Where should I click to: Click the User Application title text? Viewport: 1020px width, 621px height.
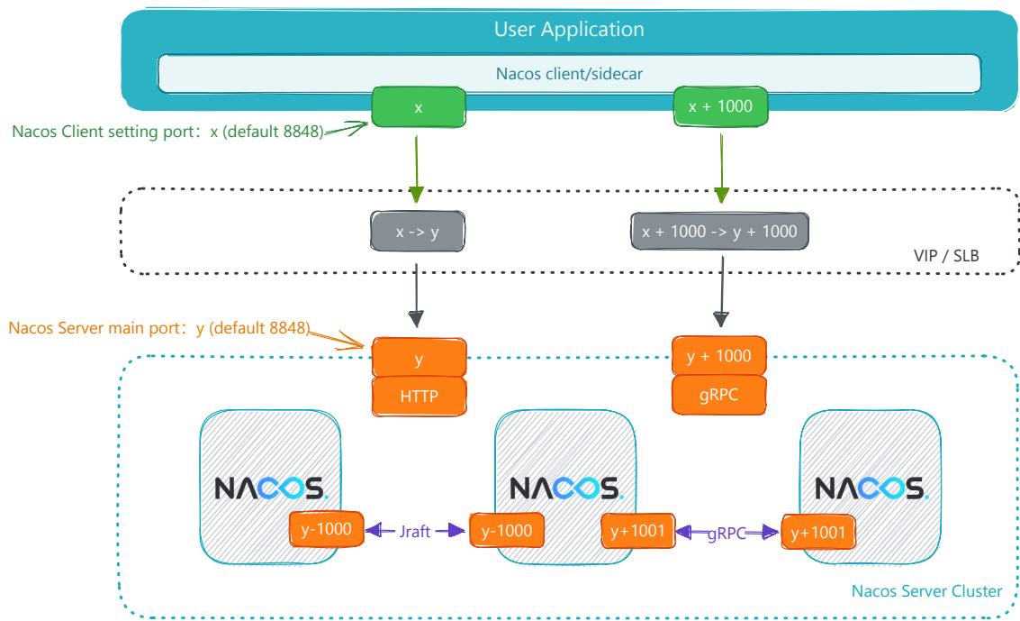pyautogui.click(x=569, y=29)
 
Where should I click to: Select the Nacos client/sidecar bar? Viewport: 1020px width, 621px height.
pyautogui.click(x=569, y=74)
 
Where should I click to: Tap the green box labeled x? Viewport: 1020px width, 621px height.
pyautogui.click(x=419, y=107)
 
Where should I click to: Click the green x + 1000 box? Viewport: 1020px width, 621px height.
pyautogui.click(x=720, y=106)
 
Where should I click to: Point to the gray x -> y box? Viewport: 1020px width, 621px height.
pyautogui.click(x=418, y=231)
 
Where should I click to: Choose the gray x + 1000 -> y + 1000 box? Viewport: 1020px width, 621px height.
pyautogui.click(x=719, y=231)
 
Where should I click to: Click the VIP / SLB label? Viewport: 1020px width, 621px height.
pyautogui.click(x=946, y=256)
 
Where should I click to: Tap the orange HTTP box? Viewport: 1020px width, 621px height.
pyautogui.click(x=419, y=396)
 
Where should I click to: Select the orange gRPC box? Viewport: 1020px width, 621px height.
pyautogui.click(x=718, y=395)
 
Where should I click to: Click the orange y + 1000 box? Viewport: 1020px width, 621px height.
pyautogui.click(x=718, y=355)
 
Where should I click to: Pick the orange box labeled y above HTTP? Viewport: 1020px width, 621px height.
pyautogui.click(x=419, y=357)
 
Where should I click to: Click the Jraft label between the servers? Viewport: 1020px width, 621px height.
pyautogui.click(x=414, y=531)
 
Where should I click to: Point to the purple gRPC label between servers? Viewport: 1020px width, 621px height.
pyautogui.click(x=726, y=534)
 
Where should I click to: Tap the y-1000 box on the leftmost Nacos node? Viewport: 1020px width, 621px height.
pyautogui.click(x=326, y=529)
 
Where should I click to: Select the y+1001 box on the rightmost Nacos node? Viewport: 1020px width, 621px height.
pyautogui.click(x=817, y=533)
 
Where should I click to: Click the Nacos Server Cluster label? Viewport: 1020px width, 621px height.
pyautogui.click(x=926, y=591)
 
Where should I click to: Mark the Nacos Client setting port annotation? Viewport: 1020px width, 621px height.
pyautogui.click(x=167, y=132)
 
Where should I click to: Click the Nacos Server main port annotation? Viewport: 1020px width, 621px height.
pyautogui.click(x=159, y=327)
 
